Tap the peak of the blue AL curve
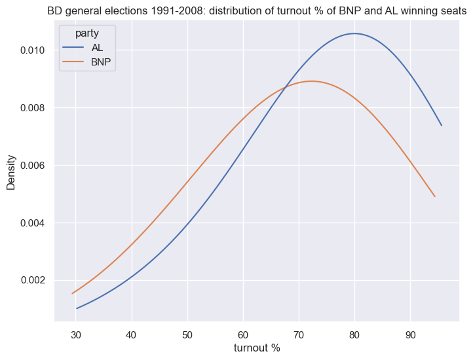[354, 33]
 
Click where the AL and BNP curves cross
[285, 88]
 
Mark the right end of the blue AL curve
[442, 125]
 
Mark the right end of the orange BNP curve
[435, 196]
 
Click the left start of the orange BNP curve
[72, 293]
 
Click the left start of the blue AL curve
[77, 308]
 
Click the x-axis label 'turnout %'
[257, 348]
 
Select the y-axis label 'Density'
[11, 172]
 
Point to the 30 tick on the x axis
[76, 332]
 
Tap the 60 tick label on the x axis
[243, 332]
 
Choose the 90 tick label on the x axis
[410, 332]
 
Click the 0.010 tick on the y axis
[31, 50]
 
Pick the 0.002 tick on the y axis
[31, 280]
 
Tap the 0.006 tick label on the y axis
[31, 166]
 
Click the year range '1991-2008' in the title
[151, 10]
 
